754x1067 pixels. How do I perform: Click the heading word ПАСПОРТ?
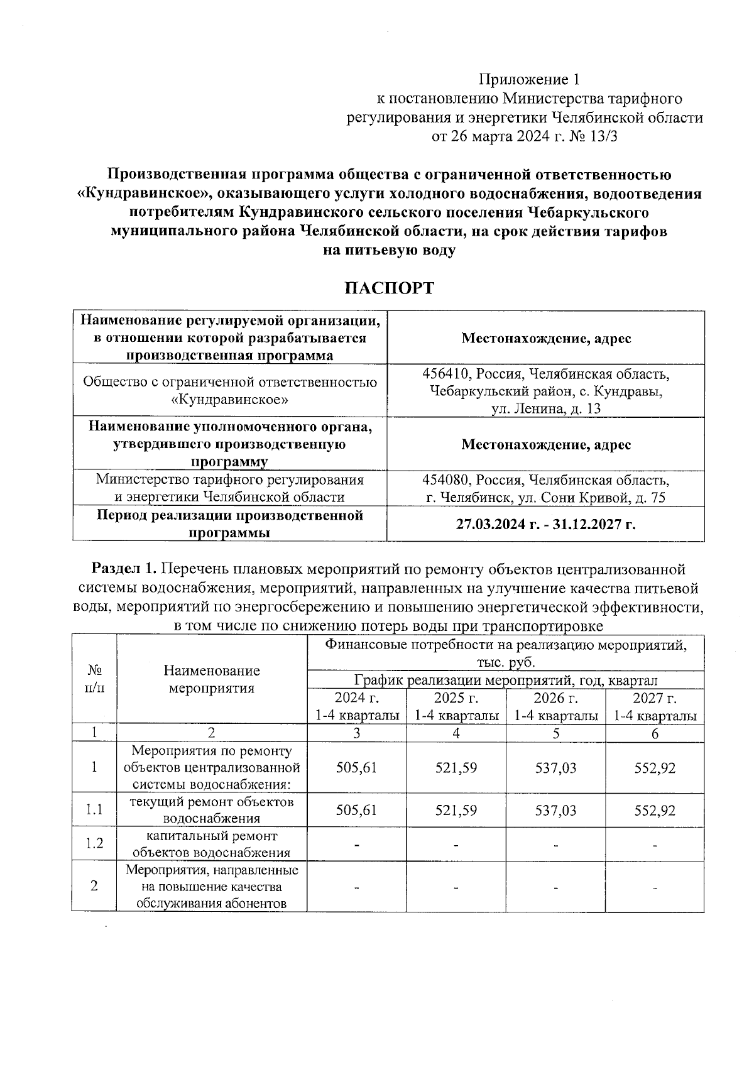(389, 288)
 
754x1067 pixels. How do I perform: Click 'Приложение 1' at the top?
(528, 80)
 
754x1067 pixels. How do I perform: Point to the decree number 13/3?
(604, 136)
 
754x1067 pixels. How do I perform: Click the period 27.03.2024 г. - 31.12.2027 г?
(545, 523)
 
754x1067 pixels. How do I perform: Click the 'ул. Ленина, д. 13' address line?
(545, 409)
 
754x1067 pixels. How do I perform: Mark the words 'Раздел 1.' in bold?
(124, 569)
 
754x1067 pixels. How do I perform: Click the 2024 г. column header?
(356, 698)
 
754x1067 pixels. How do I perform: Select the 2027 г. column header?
(655, 698)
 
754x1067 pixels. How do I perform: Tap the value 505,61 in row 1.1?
(356, 811)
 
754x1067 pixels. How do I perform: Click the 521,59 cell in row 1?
(456, 768)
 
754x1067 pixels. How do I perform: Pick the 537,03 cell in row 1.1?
(555, 811)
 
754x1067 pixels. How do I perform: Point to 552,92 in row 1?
(655, 768)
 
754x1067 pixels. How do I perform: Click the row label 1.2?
(94, 844)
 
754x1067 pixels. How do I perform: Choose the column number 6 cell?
(655, 733)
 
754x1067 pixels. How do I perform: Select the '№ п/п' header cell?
(94, 679)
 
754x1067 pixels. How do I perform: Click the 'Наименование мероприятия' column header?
(212, 679)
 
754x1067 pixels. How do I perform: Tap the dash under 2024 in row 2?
(356, 887)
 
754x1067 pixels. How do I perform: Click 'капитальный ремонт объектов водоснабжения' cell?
(212, 845)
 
